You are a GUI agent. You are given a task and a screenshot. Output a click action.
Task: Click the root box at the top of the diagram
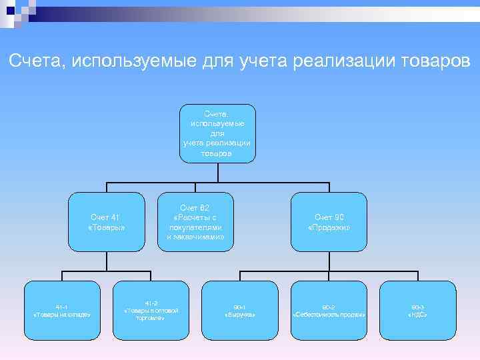pyautogui.click(x=217, y=133)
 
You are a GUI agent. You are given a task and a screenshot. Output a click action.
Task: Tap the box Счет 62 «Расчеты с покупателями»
pyautogui.click(x=195, y=222)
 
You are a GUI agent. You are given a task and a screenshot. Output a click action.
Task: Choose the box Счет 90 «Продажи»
pyautogui.click(x=329, y=222)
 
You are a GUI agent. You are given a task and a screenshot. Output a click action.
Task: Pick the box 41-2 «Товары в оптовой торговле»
pyautogui.click(x=151, y=309)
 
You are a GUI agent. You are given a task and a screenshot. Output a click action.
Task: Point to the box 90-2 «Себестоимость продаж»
pyautogui.click(x=329, y=309)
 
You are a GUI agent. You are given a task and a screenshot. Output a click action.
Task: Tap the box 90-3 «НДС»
pyautogui.click(x=417, y=309)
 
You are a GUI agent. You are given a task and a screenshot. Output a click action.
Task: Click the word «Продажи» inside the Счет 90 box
pyautogui.click(x=329, y=228)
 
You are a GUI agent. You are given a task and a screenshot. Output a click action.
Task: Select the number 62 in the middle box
pyautogui.click(x=205, y=208)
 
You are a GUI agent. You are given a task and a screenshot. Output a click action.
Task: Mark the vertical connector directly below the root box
pyautogui.click(x=217, y=172)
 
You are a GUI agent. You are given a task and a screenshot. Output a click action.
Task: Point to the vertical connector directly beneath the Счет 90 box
pyautogui.click(x=329, y=261)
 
